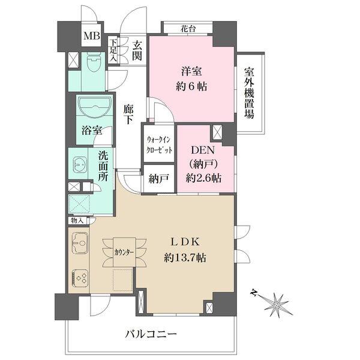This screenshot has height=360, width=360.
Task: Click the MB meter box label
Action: tap(92, 36)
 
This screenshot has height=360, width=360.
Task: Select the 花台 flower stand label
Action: tap(188, 29)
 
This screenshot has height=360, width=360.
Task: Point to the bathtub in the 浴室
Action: tap(95, 107)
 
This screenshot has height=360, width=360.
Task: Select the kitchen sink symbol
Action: tap(79, 243)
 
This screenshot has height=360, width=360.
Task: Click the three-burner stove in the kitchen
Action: tap(80, 278)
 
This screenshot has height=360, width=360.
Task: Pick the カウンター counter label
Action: tap(124, 253)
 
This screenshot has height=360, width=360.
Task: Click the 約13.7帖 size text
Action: tap(185, 258)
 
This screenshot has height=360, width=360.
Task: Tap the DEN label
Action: tap(203, 151)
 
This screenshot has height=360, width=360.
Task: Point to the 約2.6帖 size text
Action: tap(203, 178)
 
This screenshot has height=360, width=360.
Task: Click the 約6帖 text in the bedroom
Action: tap(191, 87)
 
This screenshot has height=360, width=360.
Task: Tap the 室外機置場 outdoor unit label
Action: tap(250, 93)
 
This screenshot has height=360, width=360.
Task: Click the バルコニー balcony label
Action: tap(151, 334)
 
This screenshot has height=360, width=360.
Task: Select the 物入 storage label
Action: tap(77, 221)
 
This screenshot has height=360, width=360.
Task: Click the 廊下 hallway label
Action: tap(128, 115)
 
